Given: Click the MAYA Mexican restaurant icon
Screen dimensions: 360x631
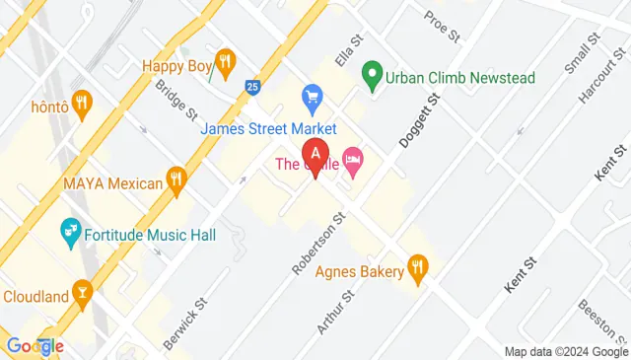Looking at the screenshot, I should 176,179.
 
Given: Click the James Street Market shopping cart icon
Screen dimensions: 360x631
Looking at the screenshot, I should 314,97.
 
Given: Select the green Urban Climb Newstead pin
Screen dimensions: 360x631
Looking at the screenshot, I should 372,73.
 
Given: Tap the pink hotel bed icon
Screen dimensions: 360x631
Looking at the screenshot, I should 353,159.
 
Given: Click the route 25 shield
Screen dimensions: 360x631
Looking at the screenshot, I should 252,88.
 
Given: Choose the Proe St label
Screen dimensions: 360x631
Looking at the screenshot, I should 442,27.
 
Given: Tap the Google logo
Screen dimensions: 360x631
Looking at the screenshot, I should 35,345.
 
